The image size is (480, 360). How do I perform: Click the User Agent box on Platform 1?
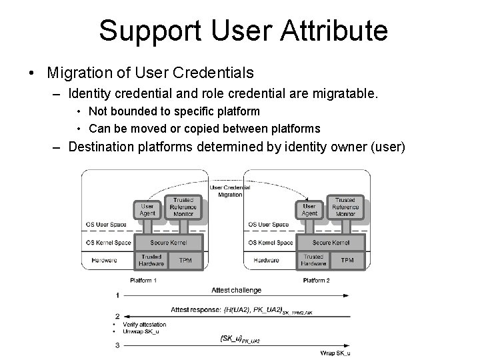click(x=147, y=210)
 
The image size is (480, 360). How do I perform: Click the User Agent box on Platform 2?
click(x=310, y=210)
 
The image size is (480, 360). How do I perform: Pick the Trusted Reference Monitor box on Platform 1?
click(x=183, y=207)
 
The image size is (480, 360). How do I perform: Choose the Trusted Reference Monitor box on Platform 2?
click(x=345, y=207)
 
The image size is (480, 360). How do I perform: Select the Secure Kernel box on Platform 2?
click(x=331, y=243)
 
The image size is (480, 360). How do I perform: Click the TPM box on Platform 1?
click(x=185, y=261)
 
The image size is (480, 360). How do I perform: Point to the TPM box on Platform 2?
click(x=347, y=261)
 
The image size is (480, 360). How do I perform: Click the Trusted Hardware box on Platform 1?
click(x=151, y=261)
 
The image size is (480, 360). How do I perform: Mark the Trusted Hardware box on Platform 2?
click(x=313, y=261)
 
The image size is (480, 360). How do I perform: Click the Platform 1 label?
click(x=143, y=280)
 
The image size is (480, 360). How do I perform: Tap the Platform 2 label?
click(x=316, y=280)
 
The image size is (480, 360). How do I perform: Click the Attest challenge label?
click(x=236, y=291)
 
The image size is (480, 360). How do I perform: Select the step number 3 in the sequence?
click(x=117, y=345)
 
